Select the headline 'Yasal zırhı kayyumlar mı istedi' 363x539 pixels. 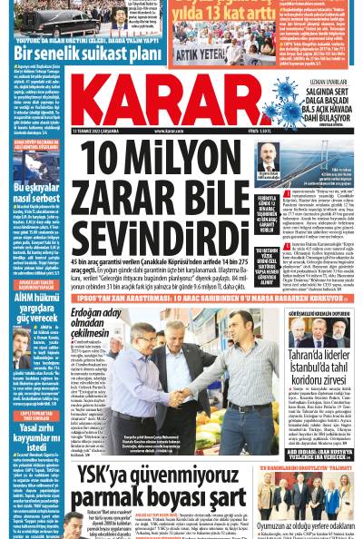point(36,435)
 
